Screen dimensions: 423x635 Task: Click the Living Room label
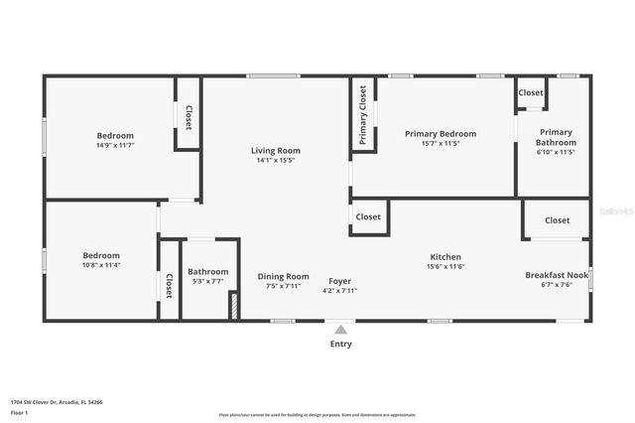(275, 151)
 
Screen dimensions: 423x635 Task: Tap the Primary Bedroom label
(440, 133)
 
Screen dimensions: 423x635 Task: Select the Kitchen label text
(445, 256)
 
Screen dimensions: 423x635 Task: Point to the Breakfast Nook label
(557, 275)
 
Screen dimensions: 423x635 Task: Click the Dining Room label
(283, 277)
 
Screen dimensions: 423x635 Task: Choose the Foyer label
(340, 280)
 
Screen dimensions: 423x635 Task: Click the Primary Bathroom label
(556, 137)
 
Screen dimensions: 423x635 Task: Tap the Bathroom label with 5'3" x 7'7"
(208, 271)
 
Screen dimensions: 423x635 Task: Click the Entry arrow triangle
(340, 330)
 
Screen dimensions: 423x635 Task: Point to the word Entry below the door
(340, 345)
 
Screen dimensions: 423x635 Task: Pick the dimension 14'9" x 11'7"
(115, 145)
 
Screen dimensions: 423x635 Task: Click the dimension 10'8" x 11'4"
(101, 265)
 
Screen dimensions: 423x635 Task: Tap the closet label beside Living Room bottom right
(368, 216)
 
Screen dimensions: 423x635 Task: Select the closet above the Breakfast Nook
(557, 220)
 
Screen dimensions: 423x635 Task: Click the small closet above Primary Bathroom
(531, 92)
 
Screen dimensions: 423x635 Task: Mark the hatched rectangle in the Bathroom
(234, 305)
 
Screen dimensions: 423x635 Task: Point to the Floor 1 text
(19, 412)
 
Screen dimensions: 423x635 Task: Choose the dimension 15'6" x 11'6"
(445, 266)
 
